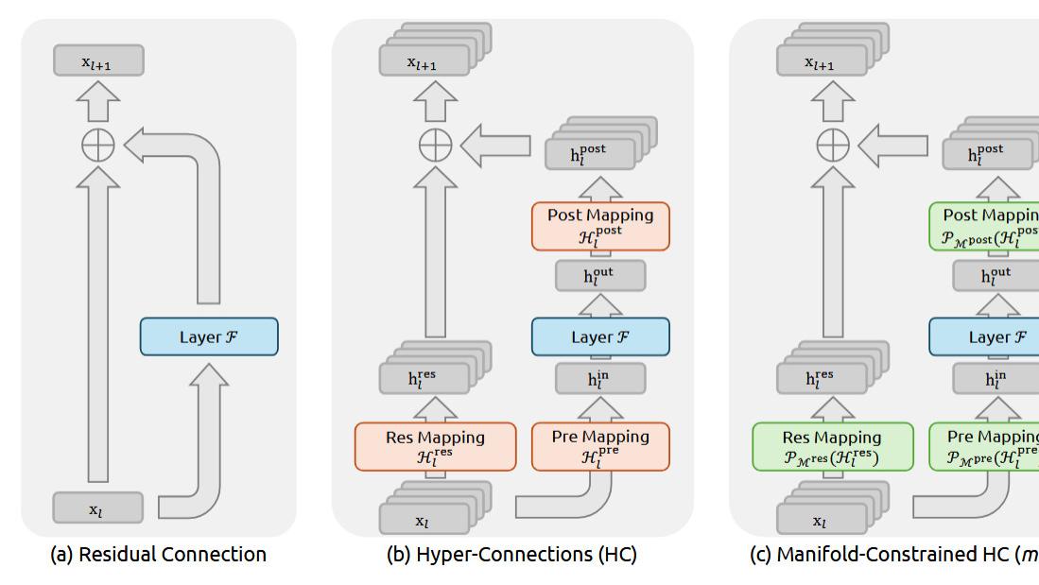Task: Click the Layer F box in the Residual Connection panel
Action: pyautogui.click(x=209, y=336)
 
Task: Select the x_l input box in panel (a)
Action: pyautogui.click(x=98, y=508)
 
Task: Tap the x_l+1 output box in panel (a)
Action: pyautogui.click(x=98, y=61)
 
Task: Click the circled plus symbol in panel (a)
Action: pyautogui.click(x=98, y=146)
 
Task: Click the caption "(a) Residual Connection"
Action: pyautogui.click(x=158, y=555)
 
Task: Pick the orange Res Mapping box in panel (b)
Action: pyautogui.click(x=435, y=446)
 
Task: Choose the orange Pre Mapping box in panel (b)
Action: pyautogui.click(x=600, y=446)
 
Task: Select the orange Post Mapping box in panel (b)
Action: pyautogui.click(x=600, y=226)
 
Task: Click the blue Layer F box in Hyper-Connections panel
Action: pyautogui.click(x=600, y=336)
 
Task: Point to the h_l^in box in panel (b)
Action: pyautogui.click(x=600, y=379)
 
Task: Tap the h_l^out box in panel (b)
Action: pyautogui.click(x=600, y=276)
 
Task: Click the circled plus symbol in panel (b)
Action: pyautogui.click(x=435, y=146)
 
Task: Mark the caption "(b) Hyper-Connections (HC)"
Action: pyautogui.click(x=511, y=555)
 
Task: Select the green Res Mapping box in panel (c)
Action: pyautogui.click(x=832, y=446)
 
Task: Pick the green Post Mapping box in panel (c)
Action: pyautogui.click(x=988, y=226)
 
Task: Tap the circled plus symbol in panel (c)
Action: pyautogui.click(x=832, y=146)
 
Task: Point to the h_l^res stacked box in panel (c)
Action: pyautogui.click(x=821, y=378)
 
